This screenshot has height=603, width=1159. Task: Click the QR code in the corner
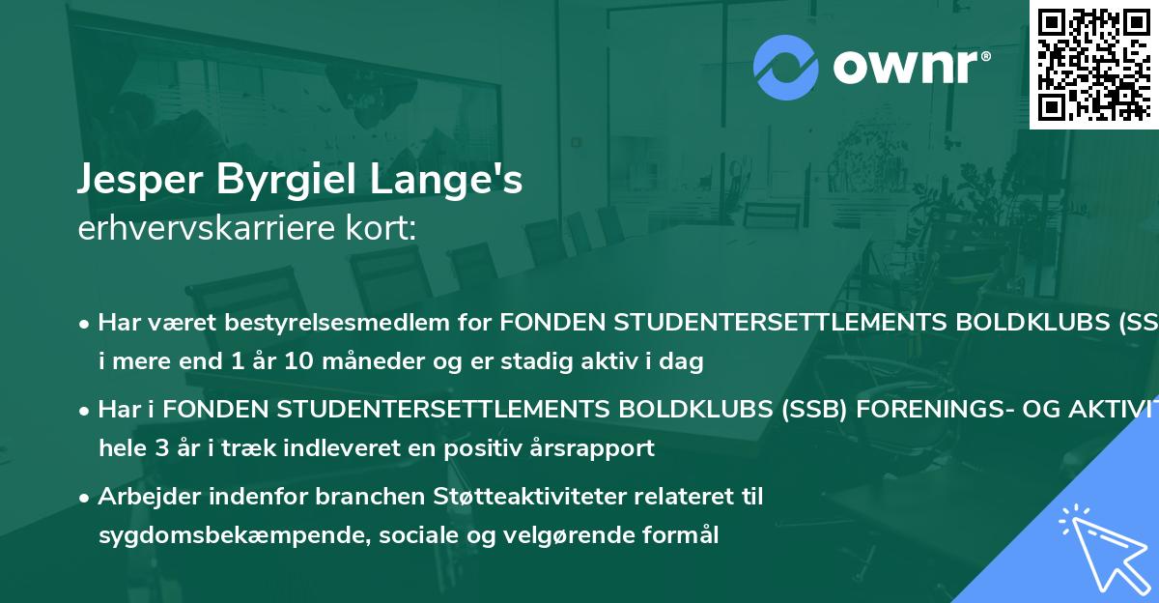click(1094, 64)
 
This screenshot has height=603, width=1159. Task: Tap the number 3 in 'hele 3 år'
click(150, 447)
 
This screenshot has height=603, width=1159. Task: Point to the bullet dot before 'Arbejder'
click(85, 497)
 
